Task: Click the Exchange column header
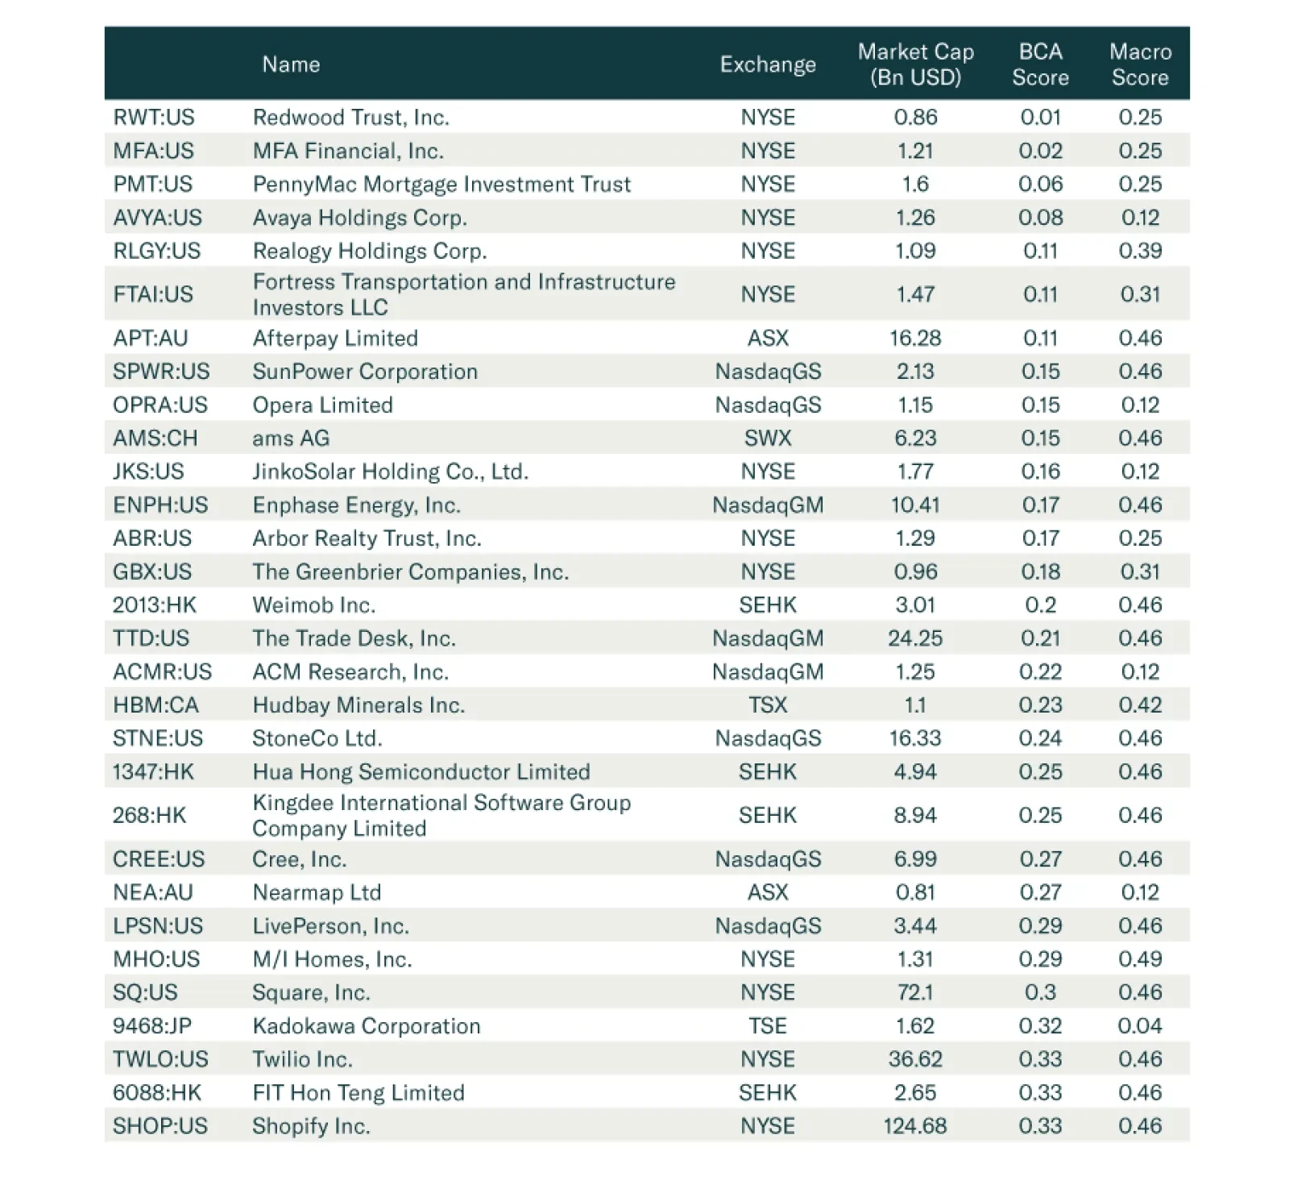point(767,64)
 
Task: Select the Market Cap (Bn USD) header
point(915,64)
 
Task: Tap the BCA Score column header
point(1040,64)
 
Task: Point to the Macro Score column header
point(1140,64)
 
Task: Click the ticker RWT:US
point(154,118)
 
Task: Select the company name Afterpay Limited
point(335,339)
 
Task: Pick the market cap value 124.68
point(915,1126)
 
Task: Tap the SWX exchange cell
point(768,439)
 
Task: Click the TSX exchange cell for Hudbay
point(768,705)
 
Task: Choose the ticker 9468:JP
point(152,1026)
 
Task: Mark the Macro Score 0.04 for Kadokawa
point(1140,1026)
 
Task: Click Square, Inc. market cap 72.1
point(915,992)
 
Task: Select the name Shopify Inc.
point(311,1126)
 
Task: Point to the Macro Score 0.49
point(1140,959)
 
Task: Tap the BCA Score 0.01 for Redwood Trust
point(1040,118)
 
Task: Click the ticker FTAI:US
point(153,294)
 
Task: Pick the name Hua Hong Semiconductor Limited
point(421,772)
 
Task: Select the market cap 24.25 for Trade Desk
point(915,638)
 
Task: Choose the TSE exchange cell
point(768,1026)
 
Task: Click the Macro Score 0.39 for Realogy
point(1140,251)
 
